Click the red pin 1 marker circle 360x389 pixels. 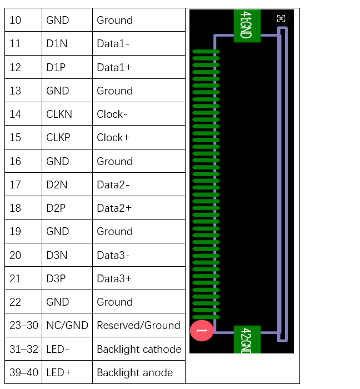(x=202, y=331)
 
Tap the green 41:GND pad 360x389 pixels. (x=247, y=26)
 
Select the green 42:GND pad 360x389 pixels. (x=247, y=340)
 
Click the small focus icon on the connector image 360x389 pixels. (x=281, y=18)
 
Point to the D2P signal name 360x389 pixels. (x=56, y=208)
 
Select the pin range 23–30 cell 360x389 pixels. (x=24, y=325)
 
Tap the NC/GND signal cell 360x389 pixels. (x=67, y=325)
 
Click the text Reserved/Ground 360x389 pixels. (x=138, y=325)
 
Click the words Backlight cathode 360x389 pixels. (x=139, y=350)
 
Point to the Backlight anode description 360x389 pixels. (x=134, y=373)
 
